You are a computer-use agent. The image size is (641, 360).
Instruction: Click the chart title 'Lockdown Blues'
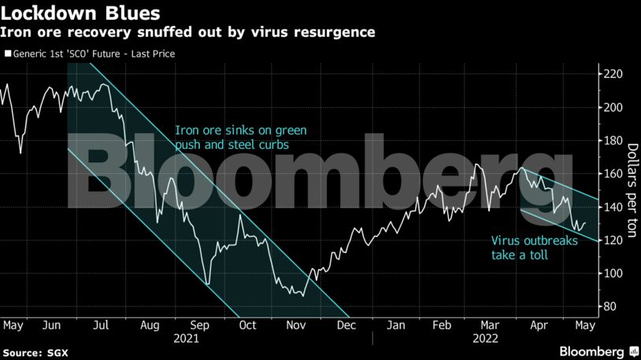[x=82, y=13]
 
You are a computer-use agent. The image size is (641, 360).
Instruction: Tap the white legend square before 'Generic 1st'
[x=7, y=54]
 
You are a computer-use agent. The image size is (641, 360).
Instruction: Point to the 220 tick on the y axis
[x=613, y=74]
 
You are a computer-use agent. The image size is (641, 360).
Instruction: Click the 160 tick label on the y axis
[x=613, y=174]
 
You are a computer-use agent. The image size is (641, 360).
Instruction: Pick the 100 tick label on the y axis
[x=613, y=273]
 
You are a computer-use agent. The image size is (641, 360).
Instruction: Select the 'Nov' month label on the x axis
[x=297, y=325]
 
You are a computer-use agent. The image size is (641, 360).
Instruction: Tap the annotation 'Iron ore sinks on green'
[x=240, y=131]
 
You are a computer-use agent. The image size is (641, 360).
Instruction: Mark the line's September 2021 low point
[x=206, y=284]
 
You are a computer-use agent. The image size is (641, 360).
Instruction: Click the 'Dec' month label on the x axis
[x=344, y=325]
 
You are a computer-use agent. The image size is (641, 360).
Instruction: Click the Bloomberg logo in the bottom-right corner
[x=591, y=350]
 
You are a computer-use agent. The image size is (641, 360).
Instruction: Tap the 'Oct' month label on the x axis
[x=248, y=325]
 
